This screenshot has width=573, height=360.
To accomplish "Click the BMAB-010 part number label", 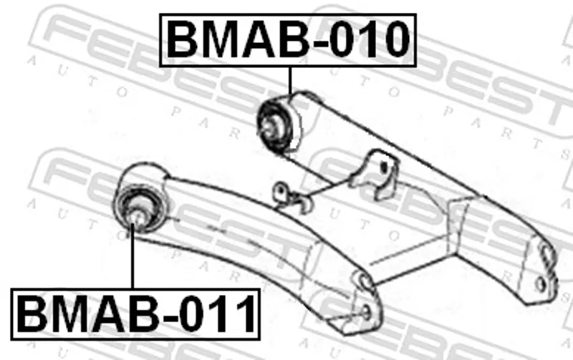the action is (x=288, y=40).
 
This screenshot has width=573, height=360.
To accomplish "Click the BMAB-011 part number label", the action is (x=135, y=314).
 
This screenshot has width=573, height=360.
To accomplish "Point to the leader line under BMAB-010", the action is (x=290, y=81).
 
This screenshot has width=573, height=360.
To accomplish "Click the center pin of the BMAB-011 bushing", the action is (x=137, y=218).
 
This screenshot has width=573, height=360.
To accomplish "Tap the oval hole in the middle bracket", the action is (x=383, y=168).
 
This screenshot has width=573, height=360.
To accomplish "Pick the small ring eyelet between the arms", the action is (x=281, y=191).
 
